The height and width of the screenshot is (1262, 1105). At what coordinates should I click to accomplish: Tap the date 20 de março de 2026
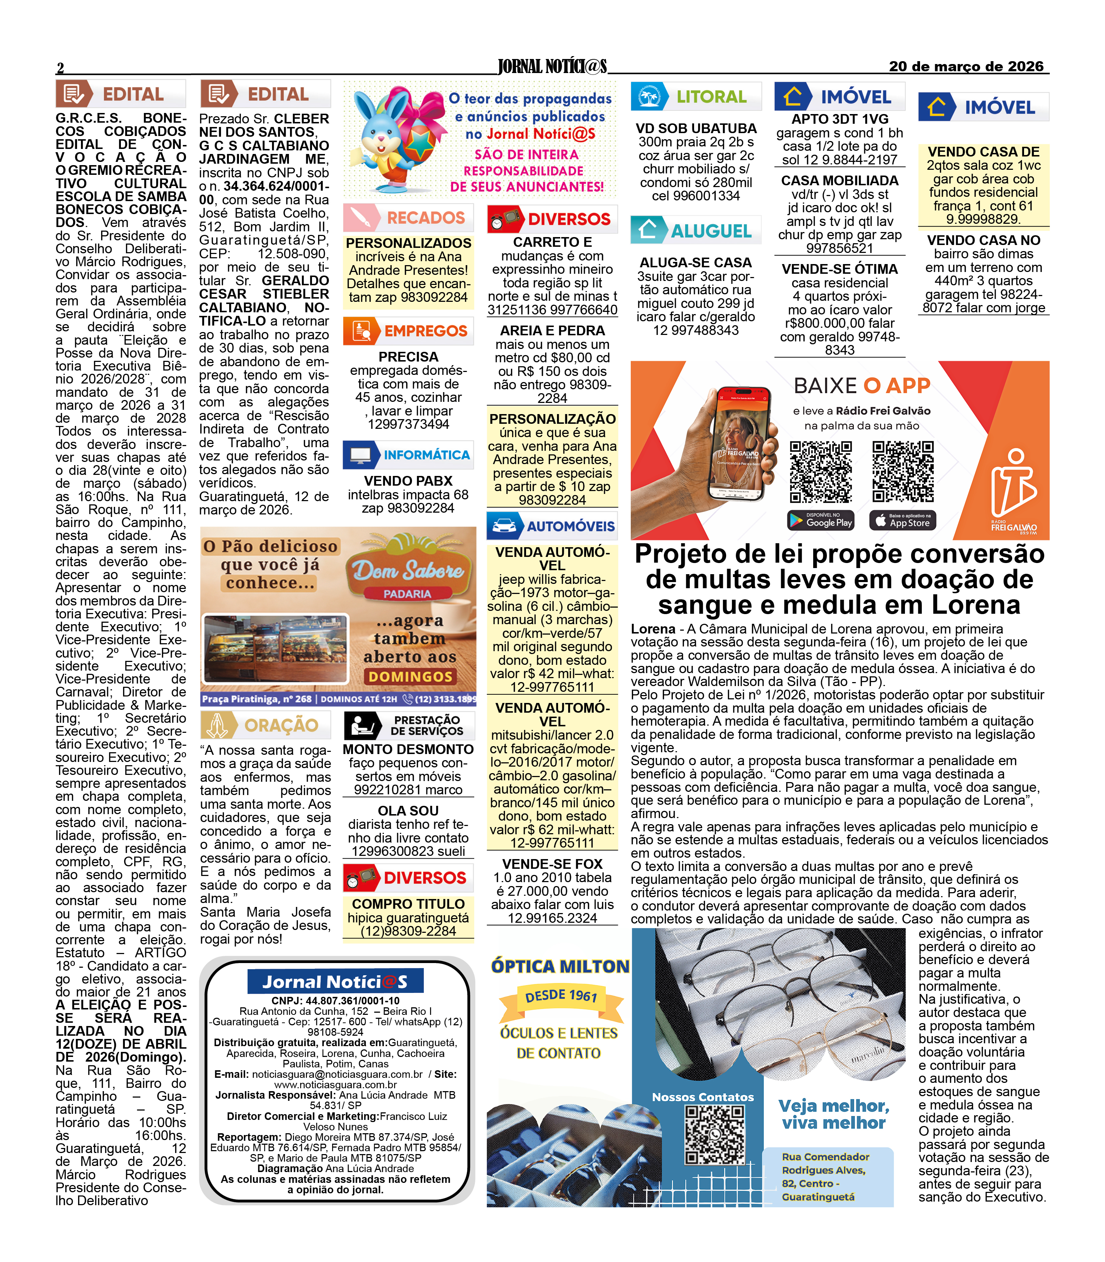click(x=966, y=67)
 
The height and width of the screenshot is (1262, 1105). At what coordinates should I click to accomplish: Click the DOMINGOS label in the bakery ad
click(x=411, y=676)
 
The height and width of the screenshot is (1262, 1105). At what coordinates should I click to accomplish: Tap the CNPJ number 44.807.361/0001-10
click(x=335, y=1000)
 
